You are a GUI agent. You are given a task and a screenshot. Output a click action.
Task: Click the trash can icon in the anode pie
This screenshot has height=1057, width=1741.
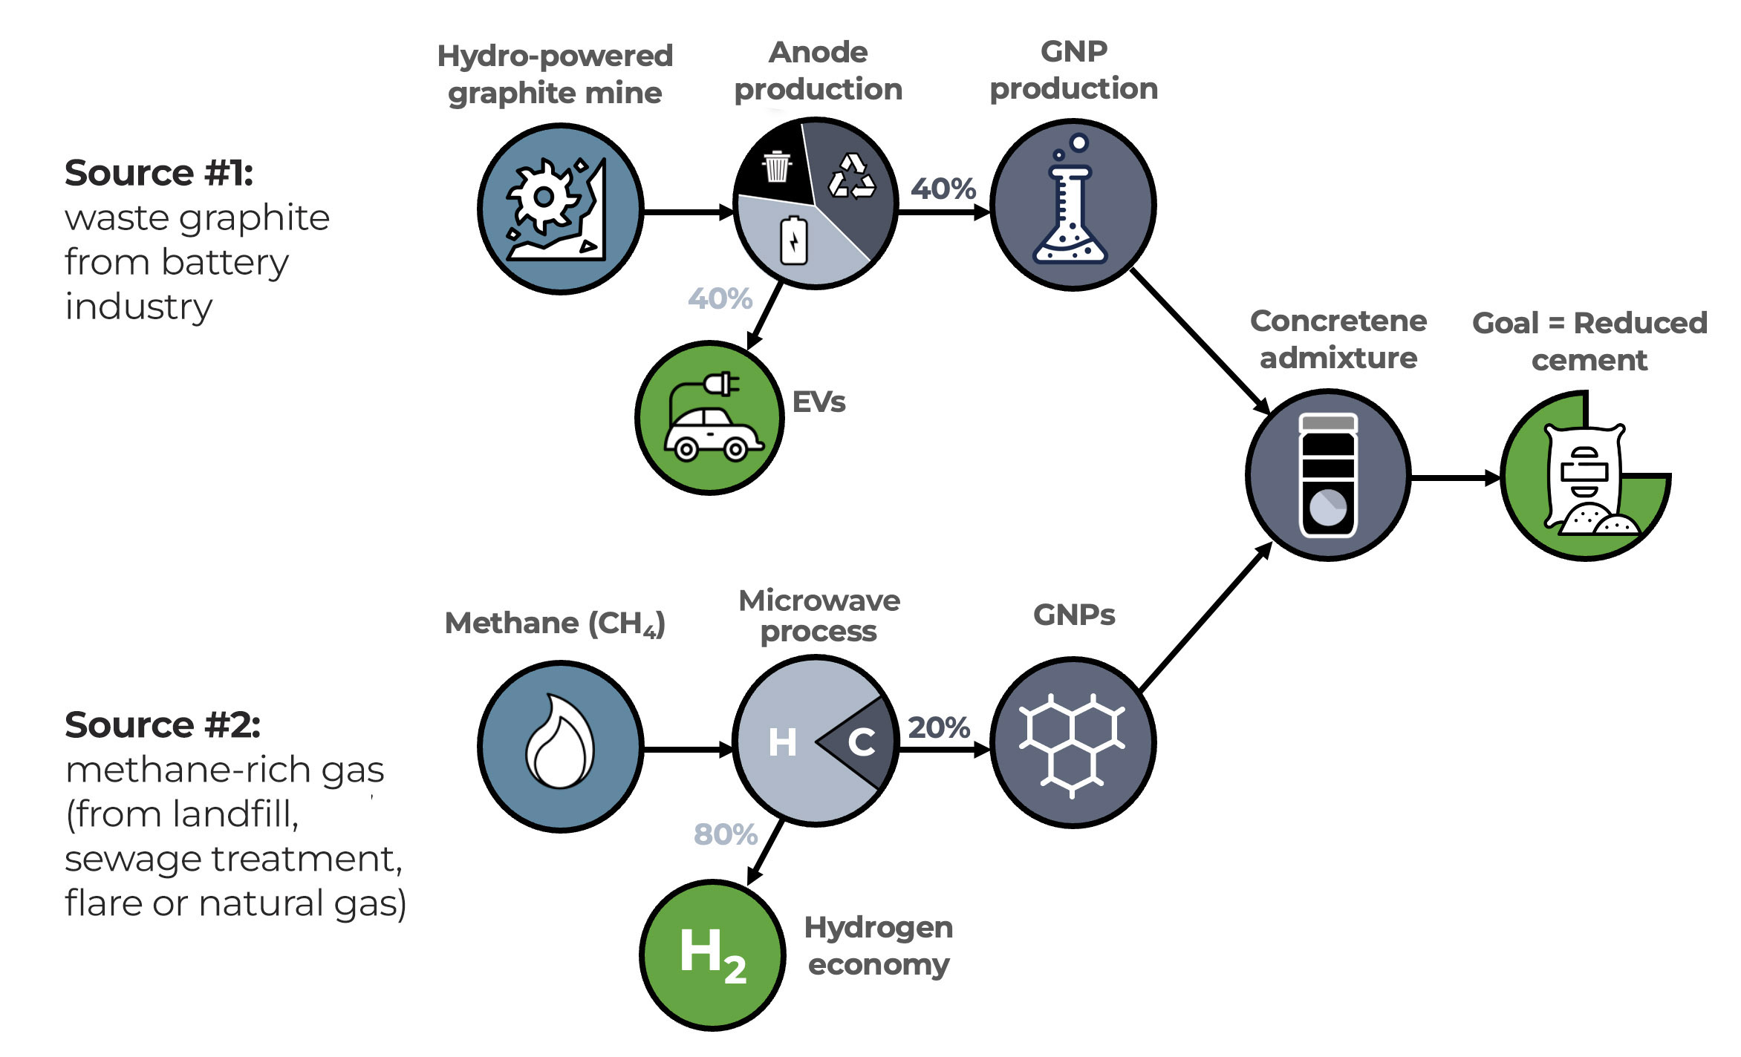777,166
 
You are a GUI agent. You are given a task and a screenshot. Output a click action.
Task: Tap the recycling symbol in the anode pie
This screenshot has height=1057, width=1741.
851,177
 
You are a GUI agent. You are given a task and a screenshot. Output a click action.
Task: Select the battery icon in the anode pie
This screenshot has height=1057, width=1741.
793,240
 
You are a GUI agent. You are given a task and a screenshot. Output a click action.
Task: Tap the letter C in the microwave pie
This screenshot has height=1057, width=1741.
862,742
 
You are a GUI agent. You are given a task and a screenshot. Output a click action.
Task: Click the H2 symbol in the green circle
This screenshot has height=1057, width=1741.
712,955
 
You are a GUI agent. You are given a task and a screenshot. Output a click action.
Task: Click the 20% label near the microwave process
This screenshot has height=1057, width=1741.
939,727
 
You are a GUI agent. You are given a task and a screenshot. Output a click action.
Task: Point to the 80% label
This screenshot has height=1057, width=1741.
725,834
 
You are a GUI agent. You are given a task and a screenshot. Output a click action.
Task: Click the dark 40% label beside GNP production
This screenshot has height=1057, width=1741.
943,189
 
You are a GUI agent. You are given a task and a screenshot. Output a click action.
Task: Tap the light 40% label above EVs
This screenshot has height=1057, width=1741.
720,298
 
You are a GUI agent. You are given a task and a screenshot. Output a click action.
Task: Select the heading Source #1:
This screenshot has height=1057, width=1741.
159,173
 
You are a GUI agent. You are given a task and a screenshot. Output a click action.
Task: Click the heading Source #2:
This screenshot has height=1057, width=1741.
163,725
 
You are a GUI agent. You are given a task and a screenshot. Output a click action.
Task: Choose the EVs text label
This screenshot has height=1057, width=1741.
819,402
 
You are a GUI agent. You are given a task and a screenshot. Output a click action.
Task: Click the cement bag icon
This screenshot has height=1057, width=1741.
1585,479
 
